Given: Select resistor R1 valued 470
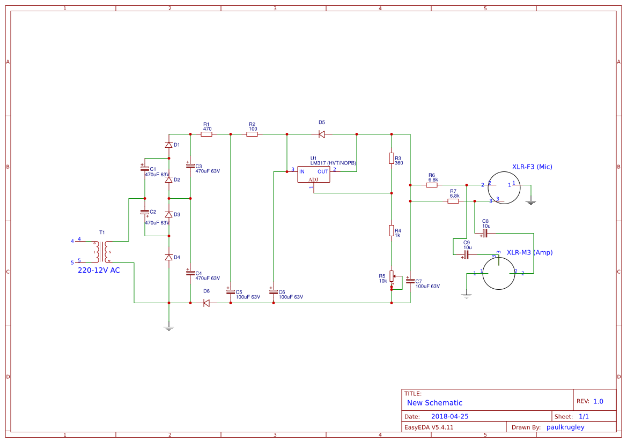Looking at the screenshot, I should pyautogui.click(x=206, y=134).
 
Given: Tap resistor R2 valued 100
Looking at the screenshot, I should pyautogui.click(x=252, y=134).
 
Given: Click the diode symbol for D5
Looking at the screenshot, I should pyautogui.click(x=322, y=134).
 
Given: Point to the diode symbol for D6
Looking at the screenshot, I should pyautogui.click(x=206, y=303).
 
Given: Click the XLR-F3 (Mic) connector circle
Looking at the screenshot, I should pyautogui.click(x=503, y=187).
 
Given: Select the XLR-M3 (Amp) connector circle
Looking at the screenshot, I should pyautogui.click(x=499, y=273).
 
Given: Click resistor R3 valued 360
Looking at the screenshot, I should pyautogui.click(x=392, y=158).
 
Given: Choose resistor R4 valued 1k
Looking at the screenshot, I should pyautogui.click(x=392, y=231).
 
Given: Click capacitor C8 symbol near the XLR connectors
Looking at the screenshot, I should pyautogui.click(x=485, y=233).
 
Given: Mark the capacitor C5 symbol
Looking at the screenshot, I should pyautogui.click(x=230, y=292).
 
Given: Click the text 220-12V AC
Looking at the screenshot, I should pyautogui.click(x=99, y=271).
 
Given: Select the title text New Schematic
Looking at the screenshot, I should pyautogui.click(x=434, y=403).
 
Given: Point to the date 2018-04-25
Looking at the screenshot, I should pyautogui.click(x=450, y=416).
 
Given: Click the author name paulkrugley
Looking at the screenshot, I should pyautogui.click(x=565, y=427).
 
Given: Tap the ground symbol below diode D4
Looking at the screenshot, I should pyautogui.click(x=169, y=327).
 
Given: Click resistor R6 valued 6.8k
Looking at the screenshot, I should pyautogui.click(x=432, y=185).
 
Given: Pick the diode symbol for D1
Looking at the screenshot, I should pyautogui.click(x=169, y=145).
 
